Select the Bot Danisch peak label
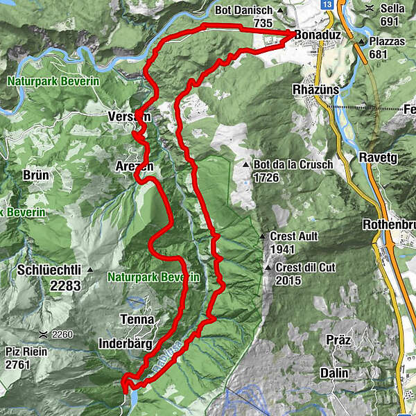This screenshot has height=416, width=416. click(252, 11)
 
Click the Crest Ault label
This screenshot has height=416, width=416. click(293, 236)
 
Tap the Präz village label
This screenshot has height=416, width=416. click(340, 340)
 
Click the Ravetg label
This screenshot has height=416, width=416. click(377, 158)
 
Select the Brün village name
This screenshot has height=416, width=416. click(35, 175)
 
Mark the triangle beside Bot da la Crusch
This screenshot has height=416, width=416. click(247, 165)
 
